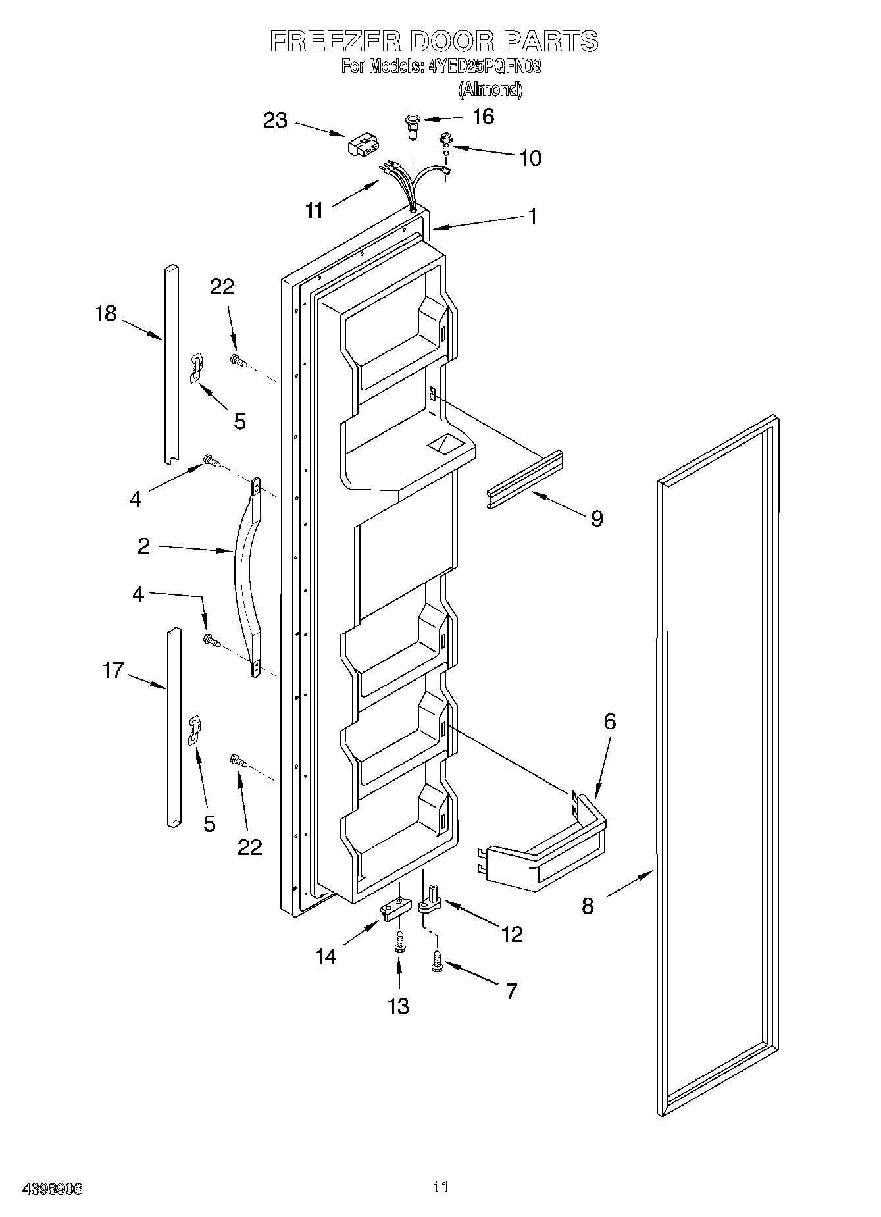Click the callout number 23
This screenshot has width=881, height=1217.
(276, 120)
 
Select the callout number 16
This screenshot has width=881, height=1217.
(483, 117)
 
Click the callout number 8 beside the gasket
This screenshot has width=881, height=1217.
(588, 906)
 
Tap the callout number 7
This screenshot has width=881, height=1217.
(511, 991)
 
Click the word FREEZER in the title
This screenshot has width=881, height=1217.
(334, 41)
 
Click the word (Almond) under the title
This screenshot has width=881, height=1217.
(490, 89)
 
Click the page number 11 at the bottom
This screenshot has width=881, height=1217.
(440, 1187)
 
